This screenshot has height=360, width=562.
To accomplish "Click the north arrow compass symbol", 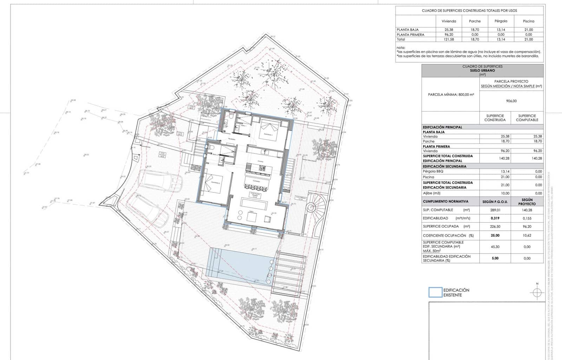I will click(x=537, y=292).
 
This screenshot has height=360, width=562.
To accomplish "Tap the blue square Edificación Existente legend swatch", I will click(x=435, y=292).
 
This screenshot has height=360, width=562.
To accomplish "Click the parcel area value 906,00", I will click(x=511, y=101).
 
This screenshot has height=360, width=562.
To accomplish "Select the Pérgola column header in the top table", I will click(x=501, y=21).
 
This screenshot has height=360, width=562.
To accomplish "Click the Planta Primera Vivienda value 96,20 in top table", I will click(x=449, y=35).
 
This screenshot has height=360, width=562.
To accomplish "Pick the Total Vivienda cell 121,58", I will click(x=449, y=39).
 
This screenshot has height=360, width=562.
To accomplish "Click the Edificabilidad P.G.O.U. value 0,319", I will click(x=495, y=218).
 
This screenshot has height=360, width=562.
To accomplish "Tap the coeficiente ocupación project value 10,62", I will click(x=527, y=235).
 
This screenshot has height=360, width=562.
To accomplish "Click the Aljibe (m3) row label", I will click(x=432, y=193).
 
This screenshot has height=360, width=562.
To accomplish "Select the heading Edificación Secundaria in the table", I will click(x=444, y=166).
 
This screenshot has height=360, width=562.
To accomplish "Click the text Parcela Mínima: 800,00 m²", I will click(x=451, y=94).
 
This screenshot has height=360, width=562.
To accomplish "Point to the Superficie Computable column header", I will click(x=527, y=118).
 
